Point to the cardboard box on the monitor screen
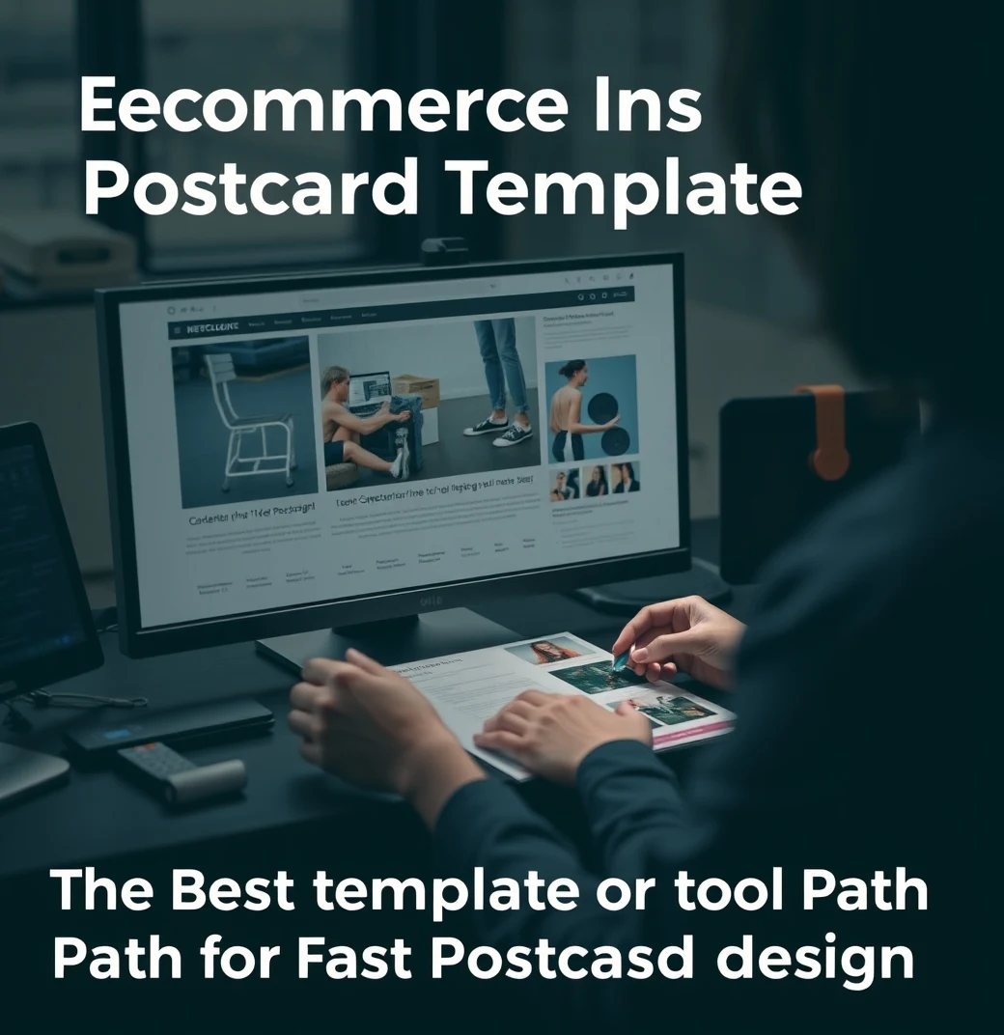(416, 390)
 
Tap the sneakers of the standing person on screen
(500, 429)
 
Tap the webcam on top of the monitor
(444, 249)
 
